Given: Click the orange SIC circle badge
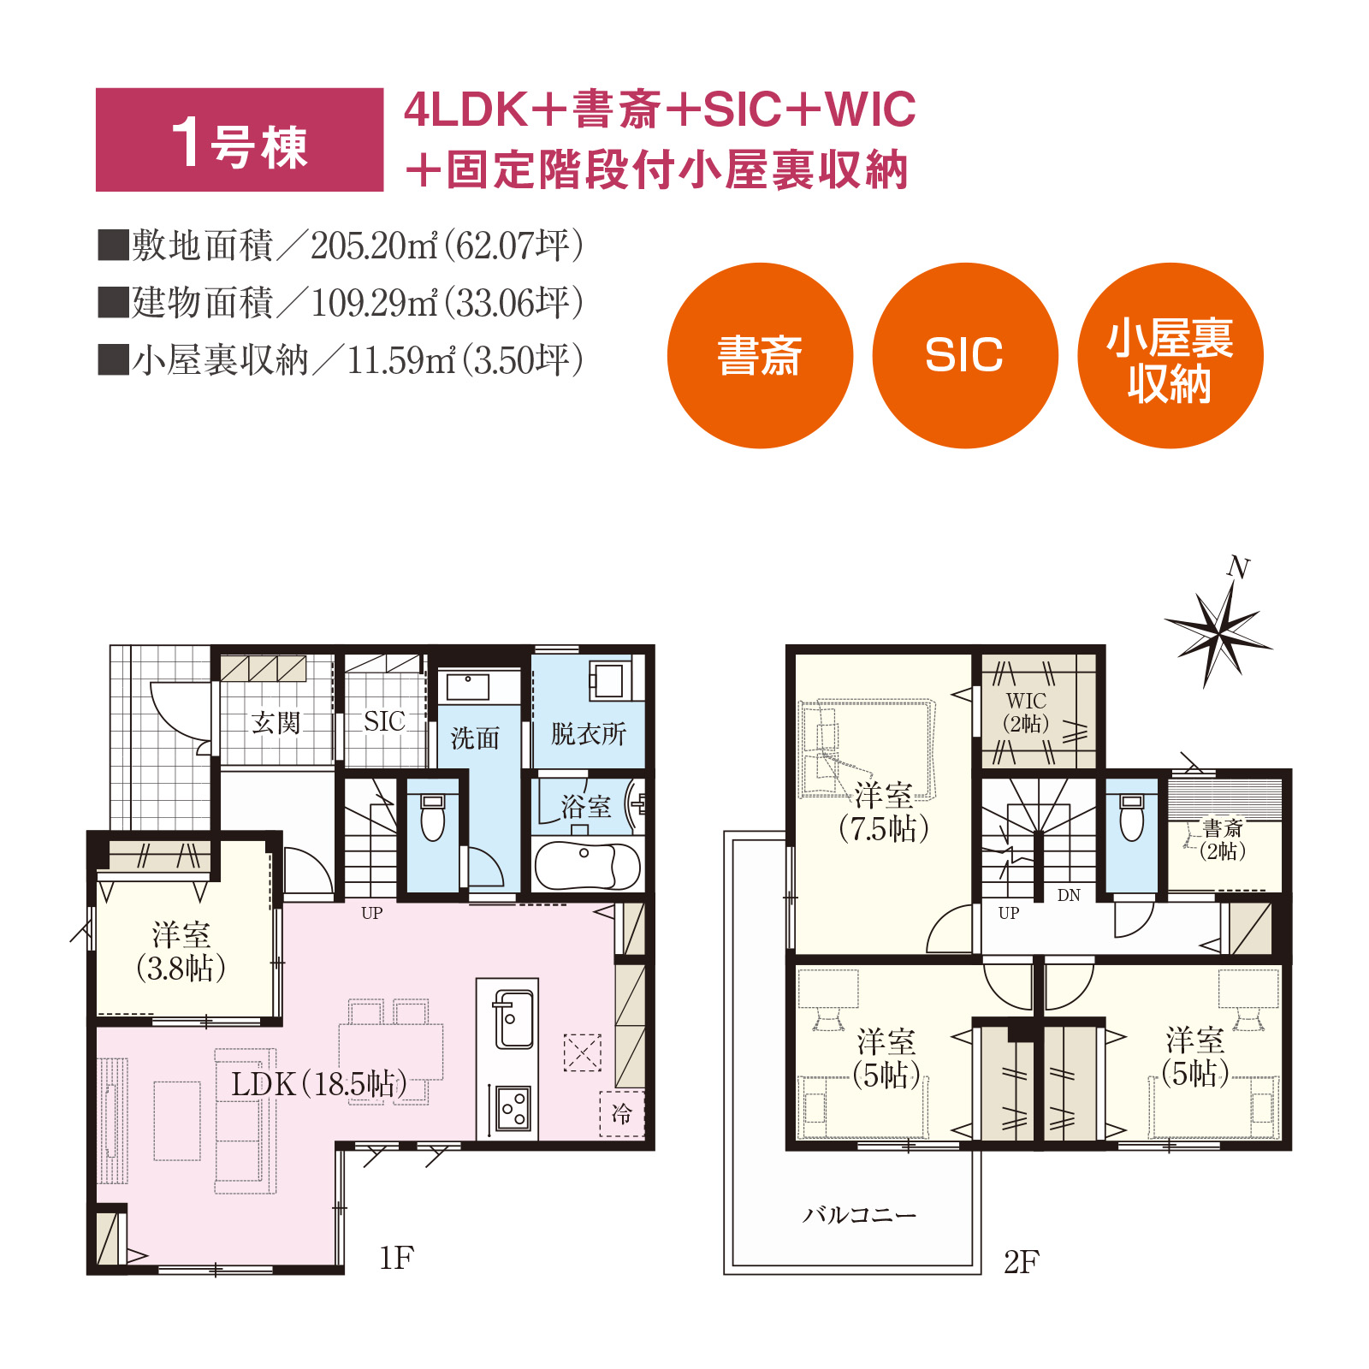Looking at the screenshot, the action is coord(965,355).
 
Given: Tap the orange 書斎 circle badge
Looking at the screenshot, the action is coord(760,355).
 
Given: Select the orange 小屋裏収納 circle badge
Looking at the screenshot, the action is coord(1170,355).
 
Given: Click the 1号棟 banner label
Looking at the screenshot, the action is coord(240,139).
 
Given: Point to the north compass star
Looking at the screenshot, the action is coord(1218,633).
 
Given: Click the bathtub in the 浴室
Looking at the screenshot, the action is coord(587,866).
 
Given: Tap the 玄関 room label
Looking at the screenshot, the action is coord(276,723).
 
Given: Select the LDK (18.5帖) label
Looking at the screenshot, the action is coord(319,1084).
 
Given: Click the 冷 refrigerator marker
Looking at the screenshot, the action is coord(621,1113).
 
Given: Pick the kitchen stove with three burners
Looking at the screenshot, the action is coord(513,1108).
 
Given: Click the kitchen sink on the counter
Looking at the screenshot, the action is coord(513,1019).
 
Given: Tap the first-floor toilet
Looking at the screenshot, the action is coord(433,817).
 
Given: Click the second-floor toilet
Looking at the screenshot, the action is coord(1132,818).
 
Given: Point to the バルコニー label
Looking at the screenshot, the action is coord(859,1215).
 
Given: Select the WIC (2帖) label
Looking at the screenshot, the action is coord(1025,713).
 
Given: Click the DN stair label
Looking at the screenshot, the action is coord(1069,895).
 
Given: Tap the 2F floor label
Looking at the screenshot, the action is coord(1022,1261).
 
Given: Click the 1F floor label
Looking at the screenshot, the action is coord(397,1258).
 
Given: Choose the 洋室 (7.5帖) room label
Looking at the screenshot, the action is coord(884,812).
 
